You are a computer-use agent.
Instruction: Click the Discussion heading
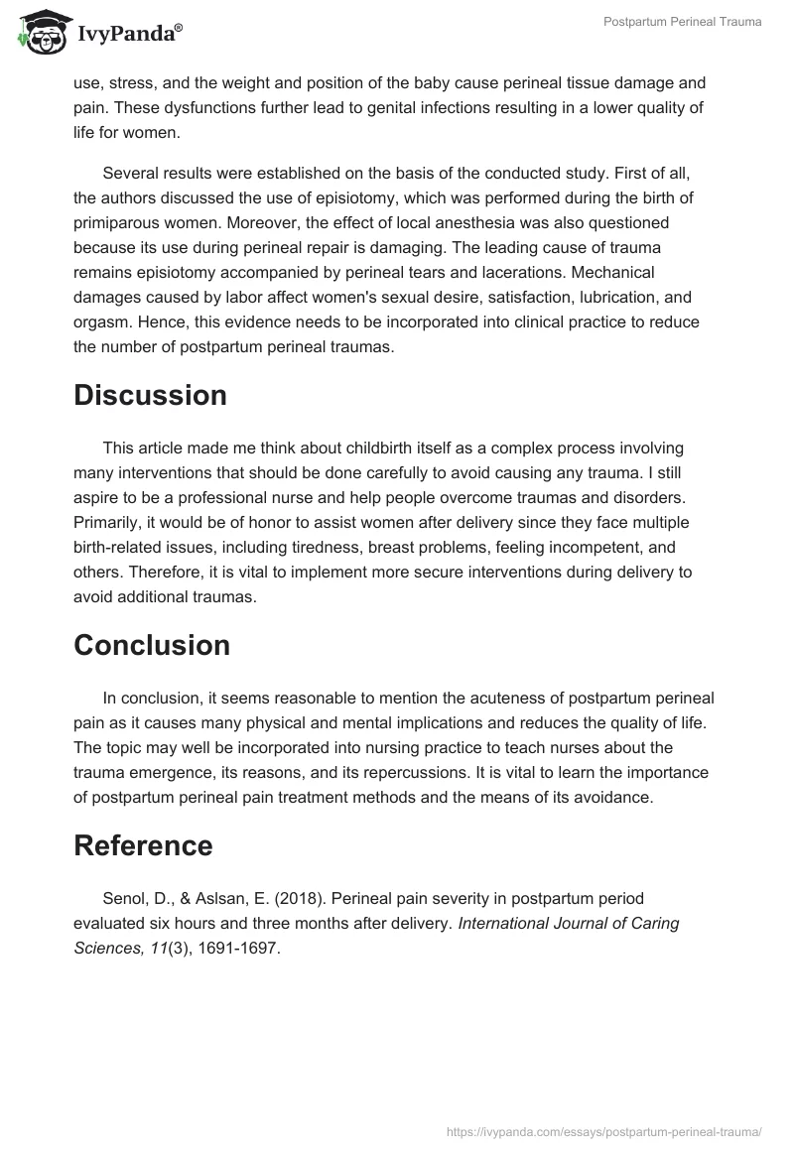[x=150, y=395]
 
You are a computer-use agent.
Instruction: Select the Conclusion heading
[x=152, y=645]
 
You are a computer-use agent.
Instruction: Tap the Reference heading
[x=143, y=845]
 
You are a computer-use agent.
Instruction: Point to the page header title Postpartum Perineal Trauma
[x=683, y=22]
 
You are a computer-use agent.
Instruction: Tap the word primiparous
[x=119, y=222]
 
